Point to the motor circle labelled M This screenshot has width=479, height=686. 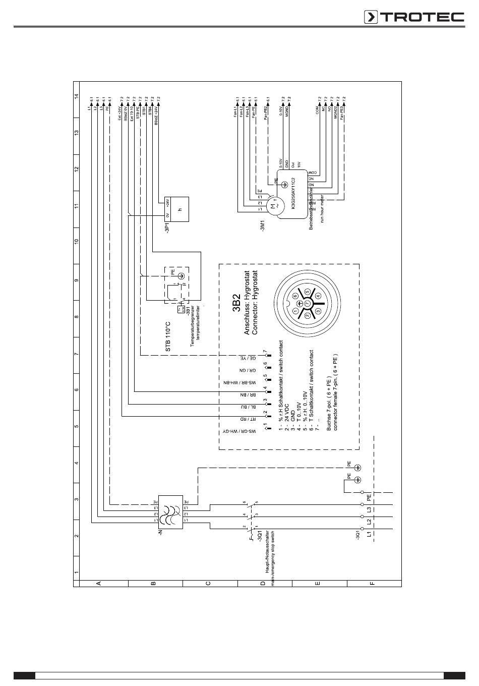pos(273,206)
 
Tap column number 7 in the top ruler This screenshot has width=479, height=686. pos(77,354)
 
